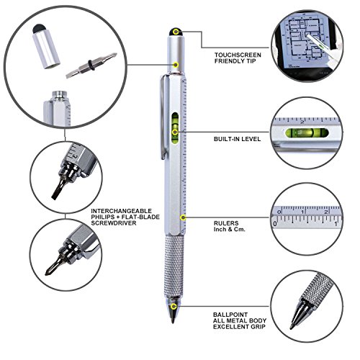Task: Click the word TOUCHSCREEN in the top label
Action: tap(238, 55)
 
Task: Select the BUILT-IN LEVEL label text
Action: tap(237, 139)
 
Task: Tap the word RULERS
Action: tap(226, 223)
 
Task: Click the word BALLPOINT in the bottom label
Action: tap(230, 315)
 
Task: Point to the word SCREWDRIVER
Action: tap(114, 223)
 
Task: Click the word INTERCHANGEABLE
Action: tap(122, 211)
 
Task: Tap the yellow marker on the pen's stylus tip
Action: tap(176, 32)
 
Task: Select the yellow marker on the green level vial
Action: tap(175, 132)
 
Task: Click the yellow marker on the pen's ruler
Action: tap(183, 217)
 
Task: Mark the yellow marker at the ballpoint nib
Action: tap(174, 306)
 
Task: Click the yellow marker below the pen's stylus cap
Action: tap(176, 65)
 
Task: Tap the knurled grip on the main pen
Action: tap(174, 266)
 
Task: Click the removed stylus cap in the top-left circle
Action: tap(45, 46)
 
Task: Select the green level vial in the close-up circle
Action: tap(307, 132)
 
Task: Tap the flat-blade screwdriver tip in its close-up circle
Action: tap(58, 189)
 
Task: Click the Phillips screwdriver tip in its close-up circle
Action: tap(54, 266)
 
